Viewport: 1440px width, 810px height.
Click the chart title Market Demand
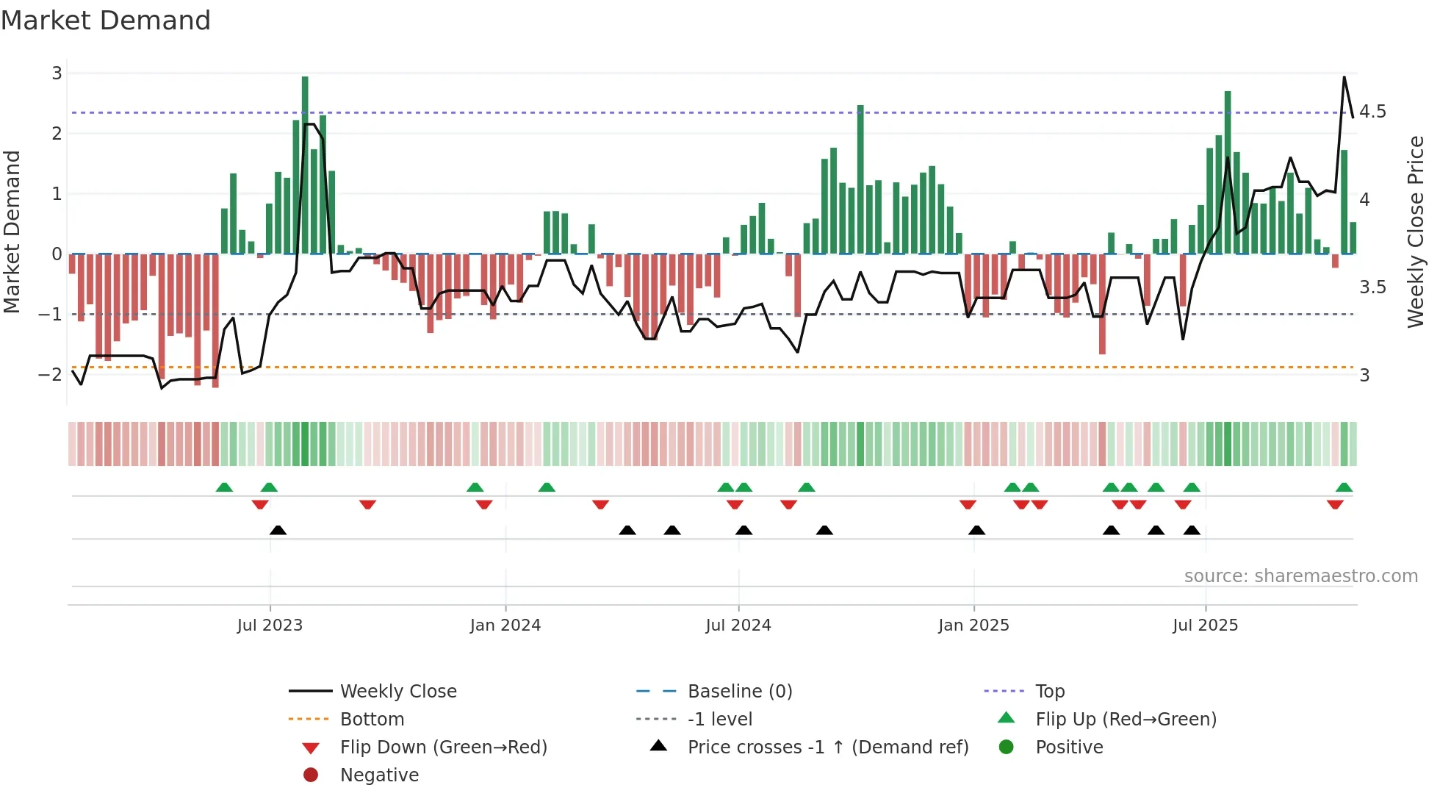pyautogui.click(x=106, y=21)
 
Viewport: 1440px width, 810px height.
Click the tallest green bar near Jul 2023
pyautogui.click(x=305, y=165)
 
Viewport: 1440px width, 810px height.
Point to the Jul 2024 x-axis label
pyautogui.click(x=738, y=625)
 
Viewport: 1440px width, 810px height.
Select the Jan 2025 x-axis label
pyautogui.click(x=973, y=625)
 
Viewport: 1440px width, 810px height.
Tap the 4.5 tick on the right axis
pyautogui.click(x=1372, y=112)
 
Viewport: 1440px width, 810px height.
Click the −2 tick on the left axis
pyautogui.click(x=51, y=374)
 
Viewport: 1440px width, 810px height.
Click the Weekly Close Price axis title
pyautogui.click(x=1415, y=232)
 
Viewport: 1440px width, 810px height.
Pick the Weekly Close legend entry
pyautogui.click(x=397, y=691)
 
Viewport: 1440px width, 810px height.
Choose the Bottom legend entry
pyautogui.click(x=372, y=719)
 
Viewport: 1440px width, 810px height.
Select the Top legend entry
pyautogui.click(x=1049, y=691)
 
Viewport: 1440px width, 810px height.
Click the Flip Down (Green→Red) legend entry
pyautogui.click(x=443, y=747)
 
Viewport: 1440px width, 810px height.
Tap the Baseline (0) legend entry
pyautogui.click(x=739, y=691)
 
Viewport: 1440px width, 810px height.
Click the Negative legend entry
pyautogui.click(x=379, y=775)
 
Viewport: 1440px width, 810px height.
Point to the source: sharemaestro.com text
pyautogui.click(x=1300, y=576)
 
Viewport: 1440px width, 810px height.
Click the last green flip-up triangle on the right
pyautogui.click(x=1344, y=487)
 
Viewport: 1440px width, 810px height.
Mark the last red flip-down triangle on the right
pyautogui.click(x=1335, y=504)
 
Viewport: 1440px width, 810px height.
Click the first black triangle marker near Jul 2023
pyautogui.click(x=278, y=530)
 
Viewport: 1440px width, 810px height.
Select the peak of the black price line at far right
pyautogui.click(x=1344, y=77)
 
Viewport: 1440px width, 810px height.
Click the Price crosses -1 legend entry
pyautogui.click(x=827, y=747)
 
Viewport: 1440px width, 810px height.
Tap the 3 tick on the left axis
pyautogui.click(x=57, y=73)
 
